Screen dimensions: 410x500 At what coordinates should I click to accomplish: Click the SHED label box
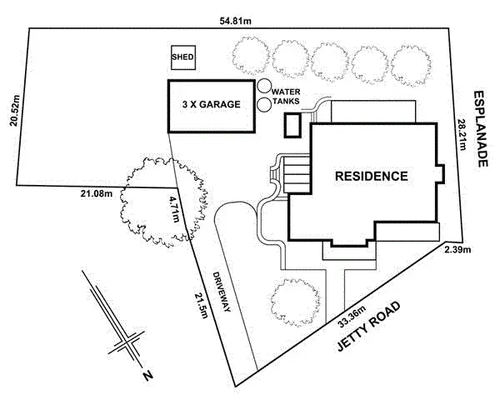click(182, 57)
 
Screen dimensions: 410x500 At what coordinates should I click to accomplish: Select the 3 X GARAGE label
click(211, 105)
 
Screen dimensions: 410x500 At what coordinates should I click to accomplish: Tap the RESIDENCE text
click(371, 177)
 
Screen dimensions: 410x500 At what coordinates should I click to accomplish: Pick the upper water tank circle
click(264, 87)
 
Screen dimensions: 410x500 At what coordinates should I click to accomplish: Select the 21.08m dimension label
click(97, 194)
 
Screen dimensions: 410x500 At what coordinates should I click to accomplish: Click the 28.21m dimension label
click(462, 135)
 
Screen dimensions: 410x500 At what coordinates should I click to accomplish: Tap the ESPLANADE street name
click(482, 130)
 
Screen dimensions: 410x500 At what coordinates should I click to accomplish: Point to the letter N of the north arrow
click(147, 376)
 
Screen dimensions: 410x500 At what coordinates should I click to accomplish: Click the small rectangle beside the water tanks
click(292, 126)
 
